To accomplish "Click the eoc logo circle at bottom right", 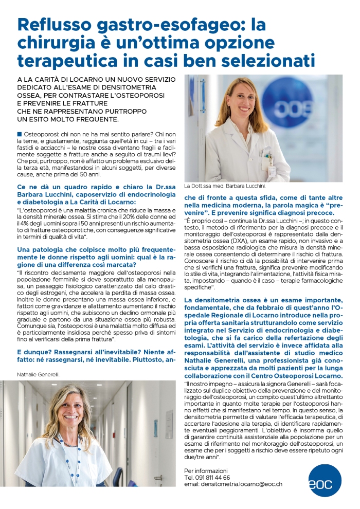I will coord(325,480).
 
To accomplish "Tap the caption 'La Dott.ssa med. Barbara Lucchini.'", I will coord(221,186).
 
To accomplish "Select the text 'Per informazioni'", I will coord(205,470).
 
